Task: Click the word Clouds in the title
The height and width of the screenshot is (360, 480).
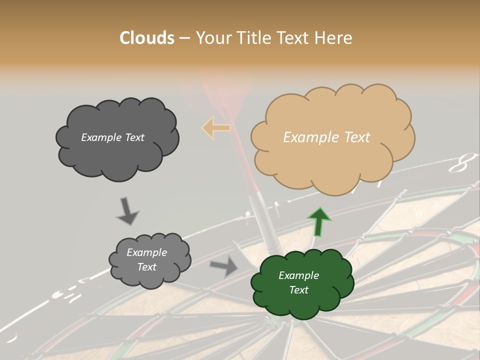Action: (x=147, y=38)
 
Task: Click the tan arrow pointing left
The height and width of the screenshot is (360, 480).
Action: (x=216, y=127)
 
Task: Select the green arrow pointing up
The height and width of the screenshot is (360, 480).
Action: (x=319, y=221)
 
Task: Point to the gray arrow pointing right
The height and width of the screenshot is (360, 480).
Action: (x=224, y=265)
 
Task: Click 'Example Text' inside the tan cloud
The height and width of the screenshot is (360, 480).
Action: (x=326, y=137)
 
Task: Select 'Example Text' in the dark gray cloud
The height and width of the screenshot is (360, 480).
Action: (x=112, y=137)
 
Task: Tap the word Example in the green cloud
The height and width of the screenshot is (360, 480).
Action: (x=298, y=275)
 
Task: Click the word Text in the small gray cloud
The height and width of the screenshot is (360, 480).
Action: (x=146, y=267)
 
